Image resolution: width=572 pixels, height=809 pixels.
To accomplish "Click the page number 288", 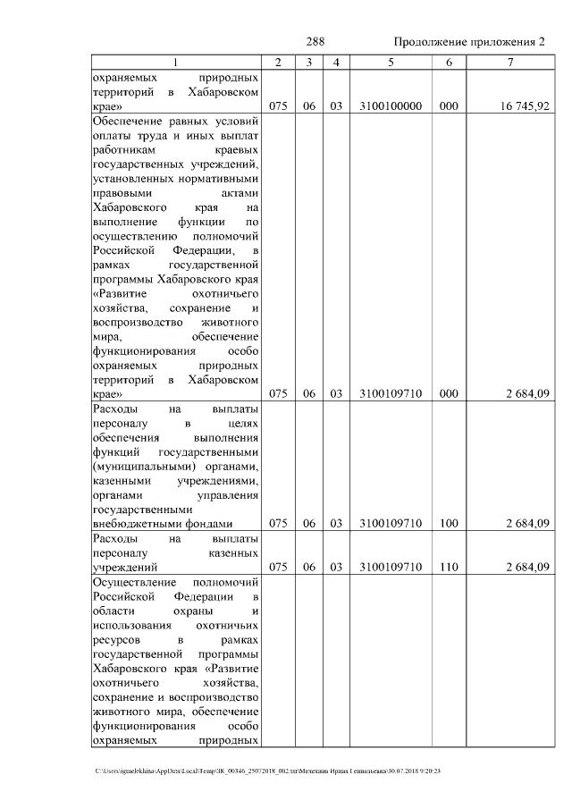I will point(315,42).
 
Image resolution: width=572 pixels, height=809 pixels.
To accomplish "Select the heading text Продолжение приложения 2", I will point(469,42).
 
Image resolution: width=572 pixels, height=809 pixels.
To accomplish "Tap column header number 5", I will point(391,63).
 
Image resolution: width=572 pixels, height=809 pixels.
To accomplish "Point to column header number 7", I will point(509,63).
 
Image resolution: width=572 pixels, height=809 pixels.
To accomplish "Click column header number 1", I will point(175,63).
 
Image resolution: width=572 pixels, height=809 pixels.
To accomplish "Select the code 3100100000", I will point(391,105).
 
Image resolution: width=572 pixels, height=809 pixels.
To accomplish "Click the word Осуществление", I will point(136,582).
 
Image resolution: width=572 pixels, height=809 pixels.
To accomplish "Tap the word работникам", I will point(122,149).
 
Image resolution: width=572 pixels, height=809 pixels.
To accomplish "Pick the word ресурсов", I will point(117,640).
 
